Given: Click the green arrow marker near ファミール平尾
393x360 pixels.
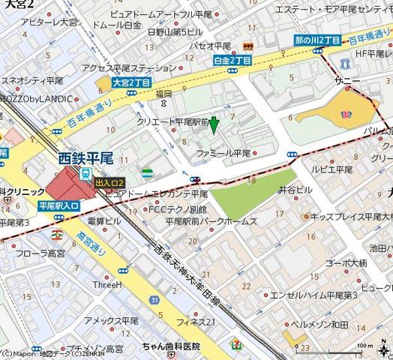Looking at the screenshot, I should click(214, 125).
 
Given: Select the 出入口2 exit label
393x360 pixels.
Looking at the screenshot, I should click(109, 182).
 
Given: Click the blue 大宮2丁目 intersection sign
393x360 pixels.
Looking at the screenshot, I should click(131, 83).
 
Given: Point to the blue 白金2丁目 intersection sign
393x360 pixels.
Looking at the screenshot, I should click(231, 60).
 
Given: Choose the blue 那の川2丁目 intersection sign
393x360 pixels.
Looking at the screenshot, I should click(317, 40).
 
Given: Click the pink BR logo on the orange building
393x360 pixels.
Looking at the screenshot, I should click(346, 115).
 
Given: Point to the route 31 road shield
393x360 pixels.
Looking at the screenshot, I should click(153, 300).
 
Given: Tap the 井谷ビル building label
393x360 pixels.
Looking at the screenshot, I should click(295, 190).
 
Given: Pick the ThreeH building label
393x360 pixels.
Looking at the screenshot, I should click(107, 284).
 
